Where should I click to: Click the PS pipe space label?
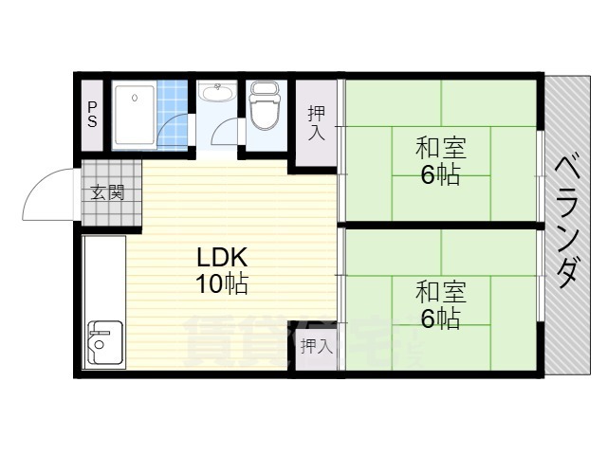pyautogui.click(x=92, y=114)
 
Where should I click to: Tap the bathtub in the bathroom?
pyautogui.click(x=135, y=115)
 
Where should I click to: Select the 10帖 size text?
pyautogui.click(x=222, y=283)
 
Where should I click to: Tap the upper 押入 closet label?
pyautogui.click(x=317, y=122)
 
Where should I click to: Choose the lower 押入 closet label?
pyautogui.click(x=316, y=346)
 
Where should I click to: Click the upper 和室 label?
pyautogui.click(x=440, y=149)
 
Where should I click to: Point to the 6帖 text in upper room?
pyautogui.click(x=440, y=175)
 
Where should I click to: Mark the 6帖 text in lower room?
pyautogui.click(x=440, y=318)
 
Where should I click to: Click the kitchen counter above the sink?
pyautogui.click(x=104, y=275)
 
